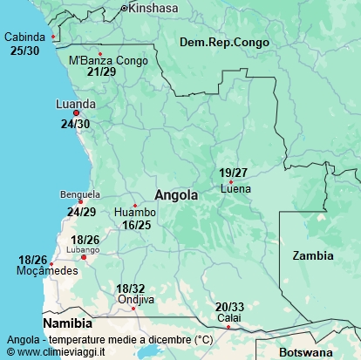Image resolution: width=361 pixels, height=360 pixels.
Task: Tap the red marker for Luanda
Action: tap(76, 113)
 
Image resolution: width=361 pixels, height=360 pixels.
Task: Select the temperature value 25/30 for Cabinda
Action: tap(24, 51)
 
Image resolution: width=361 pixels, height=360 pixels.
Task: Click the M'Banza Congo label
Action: tap(108, 60)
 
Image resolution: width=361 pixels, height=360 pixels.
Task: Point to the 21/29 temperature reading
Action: tap(101, 71)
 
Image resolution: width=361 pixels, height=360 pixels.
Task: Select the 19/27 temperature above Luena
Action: tap(234, 173)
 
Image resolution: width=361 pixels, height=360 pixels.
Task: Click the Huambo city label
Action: tap(135, 213)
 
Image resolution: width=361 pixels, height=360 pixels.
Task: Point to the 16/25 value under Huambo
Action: tap(137, 225)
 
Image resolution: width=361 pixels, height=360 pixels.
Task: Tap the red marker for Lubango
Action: tap(84, 257)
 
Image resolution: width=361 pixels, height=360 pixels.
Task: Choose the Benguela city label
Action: tap(80, 194)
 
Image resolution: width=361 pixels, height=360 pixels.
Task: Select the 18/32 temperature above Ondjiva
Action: tap(130, 289)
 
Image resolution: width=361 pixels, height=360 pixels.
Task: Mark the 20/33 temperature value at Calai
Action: tap(229, 307)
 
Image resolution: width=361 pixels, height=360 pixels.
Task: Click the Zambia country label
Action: tap(312, 255)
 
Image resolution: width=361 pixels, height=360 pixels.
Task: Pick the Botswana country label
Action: tap(307, 353)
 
